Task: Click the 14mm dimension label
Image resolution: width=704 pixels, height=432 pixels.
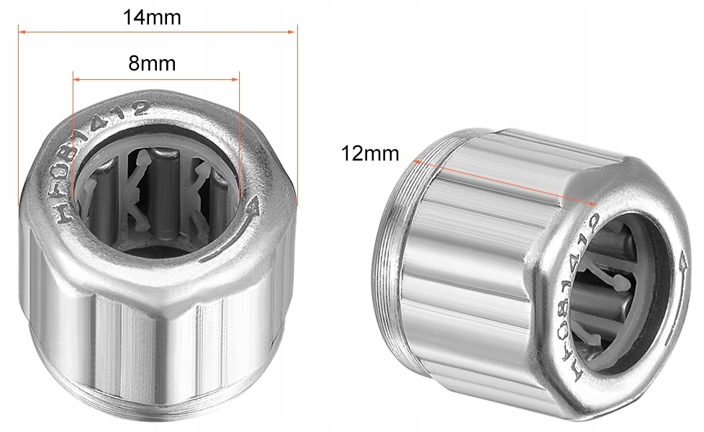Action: coord(151,17)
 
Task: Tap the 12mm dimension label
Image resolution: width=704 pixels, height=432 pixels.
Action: coord(371,153)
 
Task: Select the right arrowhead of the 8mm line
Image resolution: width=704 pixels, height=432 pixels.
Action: coord(236,78)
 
